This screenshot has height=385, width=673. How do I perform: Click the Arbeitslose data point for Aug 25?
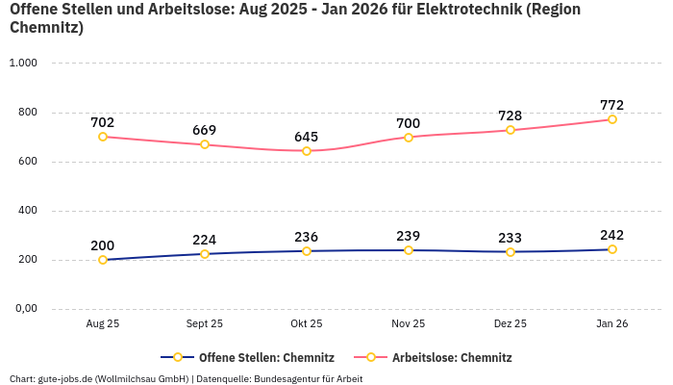click(103, 137)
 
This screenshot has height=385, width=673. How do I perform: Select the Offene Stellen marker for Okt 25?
click(307, 251)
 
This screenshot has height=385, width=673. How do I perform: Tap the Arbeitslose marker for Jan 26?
click(612, 119)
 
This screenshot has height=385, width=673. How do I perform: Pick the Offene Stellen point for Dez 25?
click(511, 252)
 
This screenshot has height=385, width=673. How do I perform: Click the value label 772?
click(612, 105)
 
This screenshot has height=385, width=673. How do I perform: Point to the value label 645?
click(307, 137)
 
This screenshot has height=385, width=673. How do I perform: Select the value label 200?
click(103, 245)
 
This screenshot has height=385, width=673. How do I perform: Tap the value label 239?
click(409, 236)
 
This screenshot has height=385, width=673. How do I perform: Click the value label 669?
click(205, 130)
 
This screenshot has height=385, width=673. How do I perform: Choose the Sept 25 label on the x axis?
click(205, 324)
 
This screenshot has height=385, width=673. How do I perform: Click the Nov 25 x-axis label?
click(409, 324)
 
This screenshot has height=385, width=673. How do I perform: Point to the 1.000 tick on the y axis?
click(22, 64)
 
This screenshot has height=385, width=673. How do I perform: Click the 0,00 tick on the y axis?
click(24, 309)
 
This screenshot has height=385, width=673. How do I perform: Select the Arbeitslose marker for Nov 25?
click(409, 138)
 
